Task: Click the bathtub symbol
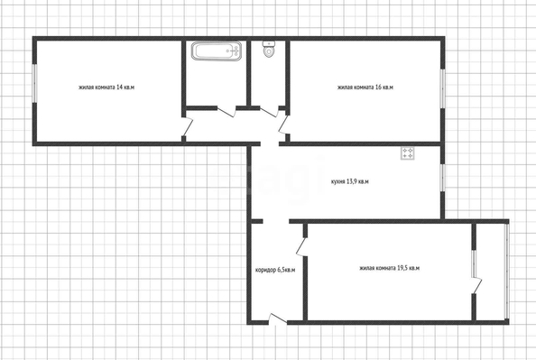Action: pos(217,51)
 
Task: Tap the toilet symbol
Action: pos(269,49)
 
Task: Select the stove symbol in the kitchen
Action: pos(408,152)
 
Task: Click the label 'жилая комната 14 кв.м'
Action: pos(106,88)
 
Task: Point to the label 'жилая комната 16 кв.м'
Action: pos(365,88)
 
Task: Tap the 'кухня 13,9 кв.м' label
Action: pos(350,181)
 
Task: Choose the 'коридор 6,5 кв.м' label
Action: pos(275,270)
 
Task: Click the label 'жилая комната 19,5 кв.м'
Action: pos(389,268)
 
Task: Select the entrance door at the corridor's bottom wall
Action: pos(278,319)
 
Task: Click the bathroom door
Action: pos(226,112)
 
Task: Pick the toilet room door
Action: pos(269,112)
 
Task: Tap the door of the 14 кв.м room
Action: pos(188,126)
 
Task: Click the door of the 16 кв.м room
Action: pos(284,124)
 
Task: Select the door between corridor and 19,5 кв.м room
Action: pos(301,246)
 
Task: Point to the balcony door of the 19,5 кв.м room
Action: pos(476,285)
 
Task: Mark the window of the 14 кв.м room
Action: pos(34,83)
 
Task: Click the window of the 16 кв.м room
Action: pos(443,89)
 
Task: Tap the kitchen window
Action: pos(443,178)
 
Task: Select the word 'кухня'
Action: pos(337,181)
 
